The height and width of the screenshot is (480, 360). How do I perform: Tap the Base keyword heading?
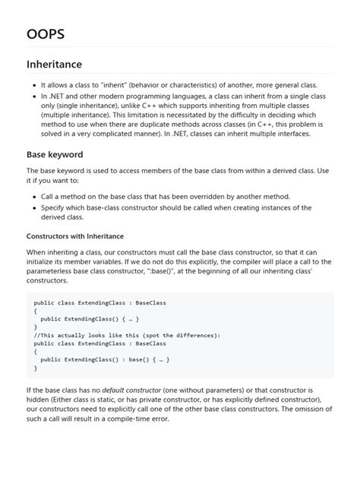tap(55, 154)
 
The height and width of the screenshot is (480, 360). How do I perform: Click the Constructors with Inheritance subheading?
tap(74, 235)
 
